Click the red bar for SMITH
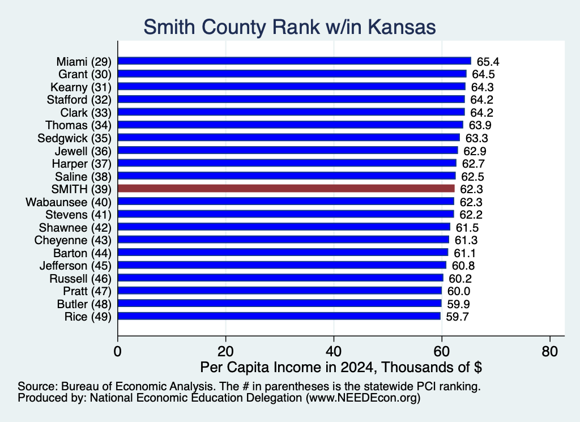pyautogui.click(x=286, y=189)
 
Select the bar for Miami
pyautogui.click(x=295, y=61)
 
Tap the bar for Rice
pyautogui.click(x=279, y=316)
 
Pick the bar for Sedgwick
pyautogui.click(x=289, y=138)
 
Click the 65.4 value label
pyautogui.click(x=488, y=61)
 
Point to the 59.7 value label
pyautogui.click(x=458, y=317)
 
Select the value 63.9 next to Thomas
pyautogui.click(x=480, y=125)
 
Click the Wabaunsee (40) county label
pyautogui.click(x=69, y=202)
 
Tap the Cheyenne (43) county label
pyautogui.click(x=73, y=240)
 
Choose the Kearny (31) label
pyautogui.click(x=81, y=87)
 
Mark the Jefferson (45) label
pyautogui.click(x=75, y=266)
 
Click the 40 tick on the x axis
pyautogui.click(x=334, y=351)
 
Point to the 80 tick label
pyautogui.click(x=549, y=351)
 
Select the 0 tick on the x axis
pyautogui.click(x=118, y=351)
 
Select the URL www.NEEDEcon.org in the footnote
pyautogui.click(x=363, y=398)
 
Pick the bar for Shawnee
pyautogui.click(x=284, y=227)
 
